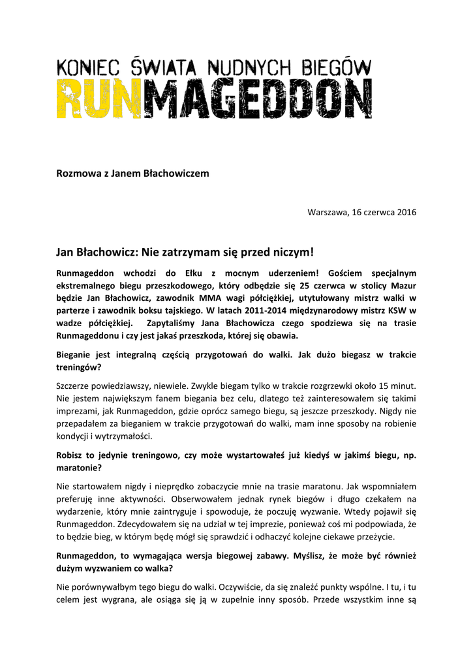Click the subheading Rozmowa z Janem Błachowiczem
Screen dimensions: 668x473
pos(133,173)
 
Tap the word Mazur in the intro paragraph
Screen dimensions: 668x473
pos(402,286)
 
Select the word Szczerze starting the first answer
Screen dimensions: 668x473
pos(75,386)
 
